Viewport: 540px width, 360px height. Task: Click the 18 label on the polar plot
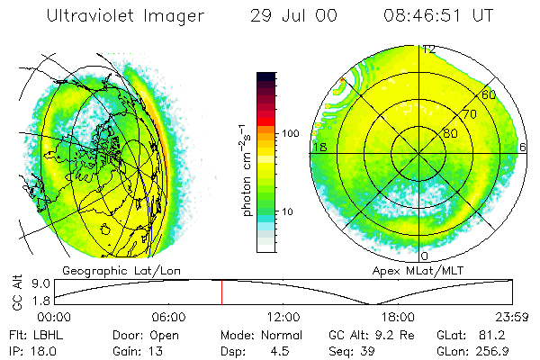318,146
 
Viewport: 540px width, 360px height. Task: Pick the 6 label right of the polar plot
523,146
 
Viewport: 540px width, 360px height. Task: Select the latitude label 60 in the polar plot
490,94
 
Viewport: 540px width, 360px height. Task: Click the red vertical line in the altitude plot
221,292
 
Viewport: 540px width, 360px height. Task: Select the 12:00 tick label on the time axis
283,317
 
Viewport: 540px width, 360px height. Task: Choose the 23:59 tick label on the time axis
512,317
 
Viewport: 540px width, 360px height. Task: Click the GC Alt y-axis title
15,292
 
